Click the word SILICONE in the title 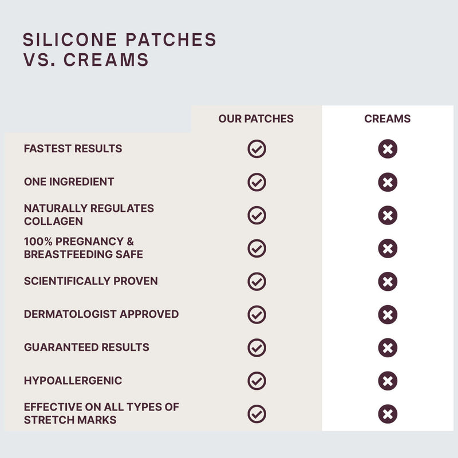click(70, 40)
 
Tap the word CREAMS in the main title click(106, 60)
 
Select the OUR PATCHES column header click(256, 119)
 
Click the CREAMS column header click(388, 119)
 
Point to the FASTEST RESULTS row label click(73, 148)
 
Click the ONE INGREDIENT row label click(69, 181)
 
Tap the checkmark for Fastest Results click(256, 149)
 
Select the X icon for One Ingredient click(388, 182)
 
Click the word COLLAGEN click(53, 222)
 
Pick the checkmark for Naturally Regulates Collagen click(256, 215)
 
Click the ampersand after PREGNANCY click(131, 242)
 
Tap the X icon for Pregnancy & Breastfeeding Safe click(388, 248)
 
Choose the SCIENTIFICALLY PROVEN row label click(91, 281)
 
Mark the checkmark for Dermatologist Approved click(256, 314)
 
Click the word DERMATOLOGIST click(70, 314)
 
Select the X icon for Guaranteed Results click(388, 348)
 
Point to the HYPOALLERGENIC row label click(73, 380)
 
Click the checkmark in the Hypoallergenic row click(256, 381)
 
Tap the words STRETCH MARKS click(70, 420)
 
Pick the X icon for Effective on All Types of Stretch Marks click(388, 414)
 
